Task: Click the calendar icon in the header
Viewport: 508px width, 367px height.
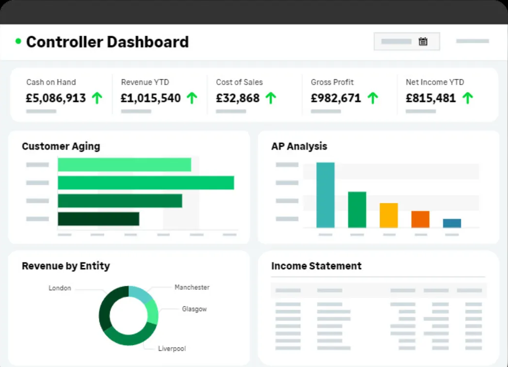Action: tap(423, 42)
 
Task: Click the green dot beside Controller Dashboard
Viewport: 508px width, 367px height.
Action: tap(19, 42)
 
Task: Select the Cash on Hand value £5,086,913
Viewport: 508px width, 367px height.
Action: tap(56, 98)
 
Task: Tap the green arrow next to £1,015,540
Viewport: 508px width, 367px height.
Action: tap(192, 98)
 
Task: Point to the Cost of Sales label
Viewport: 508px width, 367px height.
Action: tap(239, 82)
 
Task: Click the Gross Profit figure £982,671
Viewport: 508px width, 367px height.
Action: tap(336, 98)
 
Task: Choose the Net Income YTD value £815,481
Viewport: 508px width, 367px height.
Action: tap(430, 98)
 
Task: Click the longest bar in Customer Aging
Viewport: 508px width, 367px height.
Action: tap(146, 183)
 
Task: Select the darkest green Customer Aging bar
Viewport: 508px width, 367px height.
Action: tap(98, 219)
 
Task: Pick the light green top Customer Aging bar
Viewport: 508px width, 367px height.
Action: tap(124, 165)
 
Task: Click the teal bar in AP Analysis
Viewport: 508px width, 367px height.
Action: tap(325, 195)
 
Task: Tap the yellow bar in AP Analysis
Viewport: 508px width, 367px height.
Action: tap(388, 215)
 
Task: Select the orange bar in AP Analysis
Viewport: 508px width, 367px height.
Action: tap(420, 219)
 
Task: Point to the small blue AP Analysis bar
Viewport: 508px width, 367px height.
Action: tap(452, 223)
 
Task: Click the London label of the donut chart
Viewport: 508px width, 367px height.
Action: tap(60, 288)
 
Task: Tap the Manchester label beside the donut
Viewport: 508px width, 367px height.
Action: tap(192, 287)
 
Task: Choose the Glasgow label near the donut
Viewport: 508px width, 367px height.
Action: tap(194, 309)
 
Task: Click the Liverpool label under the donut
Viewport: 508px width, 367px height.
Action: tap(172, 349)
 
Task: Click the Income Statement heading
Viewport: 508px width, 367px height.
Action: tap(316, 266)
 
